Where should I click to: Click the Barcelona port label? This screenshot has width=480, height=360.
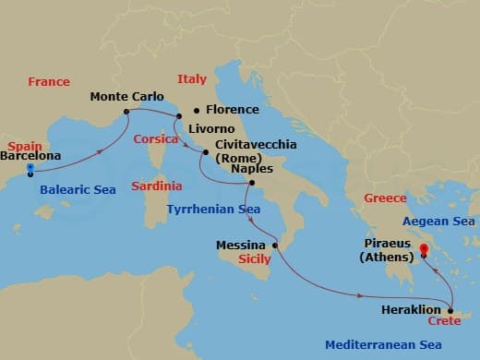tap(31, 156)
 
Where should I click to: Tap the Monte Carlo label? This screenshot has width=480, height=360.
tap(127, 96)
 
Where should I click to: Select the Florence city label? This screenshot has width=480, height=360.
tap(232, 109)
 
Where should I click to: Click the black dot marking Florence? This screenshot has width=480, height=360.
tap(197, 109)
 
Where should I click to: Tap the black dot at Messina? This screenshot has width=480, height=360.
tap(275, 246)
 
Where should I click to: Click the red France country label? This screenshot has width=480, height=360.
tap(49, 82)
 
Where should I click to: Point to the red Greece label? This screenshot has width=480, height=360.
tap(385, 198)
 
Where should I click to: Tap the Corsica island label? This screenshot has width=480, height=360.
tap(155, 138)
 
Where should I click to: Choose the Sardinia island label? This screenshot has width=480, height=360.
tap(156, 186)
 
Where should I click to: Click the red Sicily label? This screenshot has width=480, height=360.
tap(255, 260)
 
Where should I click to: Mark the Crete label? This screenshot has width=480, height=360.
tap(444, 321)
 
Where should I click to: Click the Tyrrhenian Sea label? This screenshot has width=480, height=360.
tap(213, 210)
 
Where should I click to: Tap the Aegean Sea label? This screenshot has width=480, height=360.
tap(439, 222)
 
